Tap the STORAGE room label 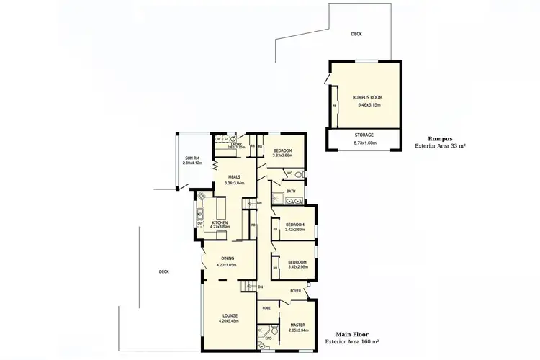tap(364, 135)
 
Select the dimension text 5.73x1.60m tap(364, 142)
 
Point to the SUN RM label tap(192, 158)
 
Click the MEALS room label tap(234, 176)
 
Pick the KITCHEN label tap(219, 222)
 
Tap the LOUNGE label tap(230, 316)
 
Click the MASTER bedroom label tap(298, 325)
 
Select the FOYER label tap(295, 291)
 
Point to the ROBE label tap(266, 307)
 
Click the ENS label tap(268, 338)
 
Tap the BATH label tap(291, 191)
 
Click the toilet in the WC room tap(299, 174)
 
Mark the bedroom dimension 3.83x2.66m tap(282, 155)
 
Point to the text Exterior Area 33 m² tap(440, 146)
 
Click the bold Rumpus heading tap(439, 139)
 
